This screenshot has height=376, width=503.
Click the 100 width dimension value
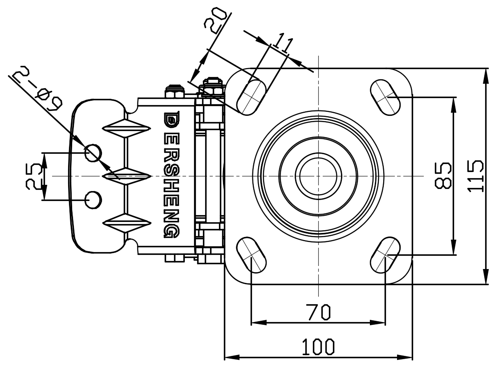pyautogui.click(x=318, y=346)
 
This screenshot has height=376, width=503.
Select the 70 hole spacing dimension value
pyautogui.click(x=318, y=312)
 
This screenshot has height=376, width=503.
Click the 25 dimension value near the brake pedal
pyautogui.click(x=33, y=176)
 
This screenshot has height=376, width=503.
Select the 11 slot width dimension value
pyautogui.click(x=284, y=43)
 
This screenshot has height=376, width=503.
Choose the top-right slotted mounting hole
pyautogui.click(x=385, y=96)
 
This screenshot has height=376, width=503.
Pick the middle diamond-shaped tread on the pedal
pyautogui.click(x=126, y=176)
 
